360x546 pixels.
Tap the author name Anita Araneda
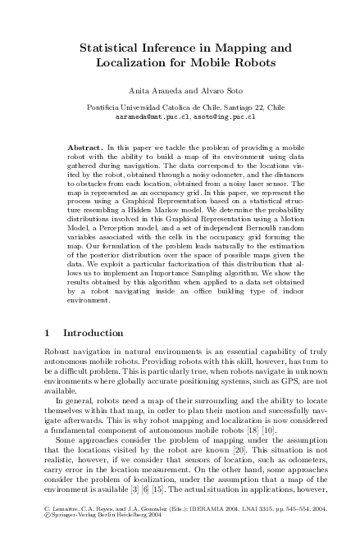click(144, 91)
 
